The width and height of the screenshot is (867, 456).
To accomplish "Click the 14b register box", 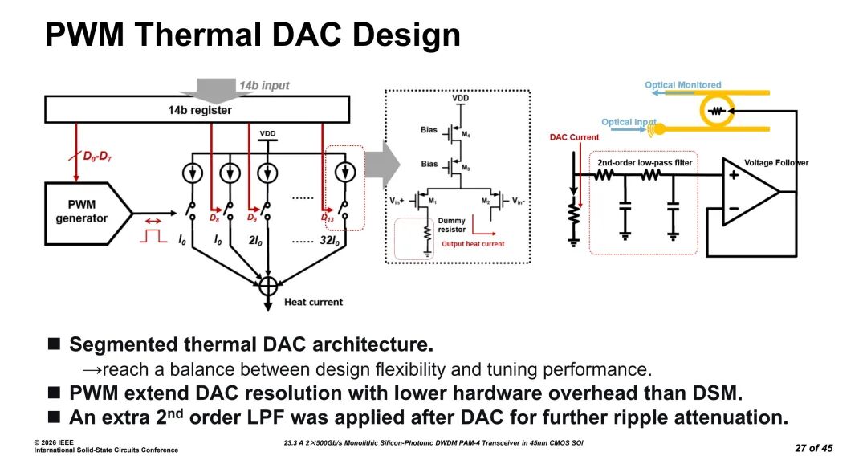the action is pyautogui.click(x=197, y=109).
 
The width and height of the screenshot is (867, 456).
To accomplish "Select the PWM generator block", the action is pyautogui.click(x=88, y=214).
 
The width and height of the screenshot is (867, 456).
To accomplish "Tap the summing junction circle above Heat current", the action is pyautogui.click(x=267, y=286).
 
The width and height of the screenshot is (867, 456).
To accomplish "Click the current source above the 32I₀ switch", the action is pyautogui.click(x=346, y=173).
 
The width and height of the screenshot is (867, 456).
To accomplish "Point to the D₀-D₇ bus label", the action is pyautogui.click(x=97, y=157).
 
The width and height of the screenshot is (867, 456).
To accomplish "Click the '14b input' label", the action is pyautogui.click(x=264, y=86).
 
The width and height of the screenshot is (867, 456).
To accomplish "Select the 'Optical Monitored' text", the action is pyautogui.click(x=683, y=84).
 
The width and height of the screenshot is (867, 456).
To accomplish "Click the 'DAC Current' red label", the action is pyautogui.click(x=574, y=137).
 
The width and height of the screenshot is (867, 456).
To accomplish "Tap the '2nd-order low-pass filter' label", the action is pyautogui.click(x=645, y=162).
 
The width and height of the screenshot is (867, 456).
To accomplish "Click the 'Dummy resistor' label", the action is pyautogui.click(x=452, y=225).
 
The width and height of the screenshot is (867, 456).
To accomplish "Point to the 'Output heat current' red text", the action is pyautogui.click(x=473, y=244).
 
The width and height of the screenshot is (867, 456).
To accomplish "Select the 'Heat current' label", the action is pyautogui.click(x=314, y=302).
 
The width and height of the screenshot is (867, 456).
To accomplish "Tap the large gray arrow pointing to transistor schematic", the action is pyautogui.click(x=382, y=164).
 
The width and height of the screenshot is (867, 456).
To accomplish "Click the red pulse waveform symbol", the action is pyautogui.click(x=153, y=236).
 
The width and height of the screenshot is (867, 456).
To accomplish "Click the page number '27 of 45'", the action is pyautogui.click(x=814, y=448).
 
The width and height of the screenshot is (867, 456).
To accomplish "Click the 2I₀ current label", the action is pyautogui.click(x=255, y=241).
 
